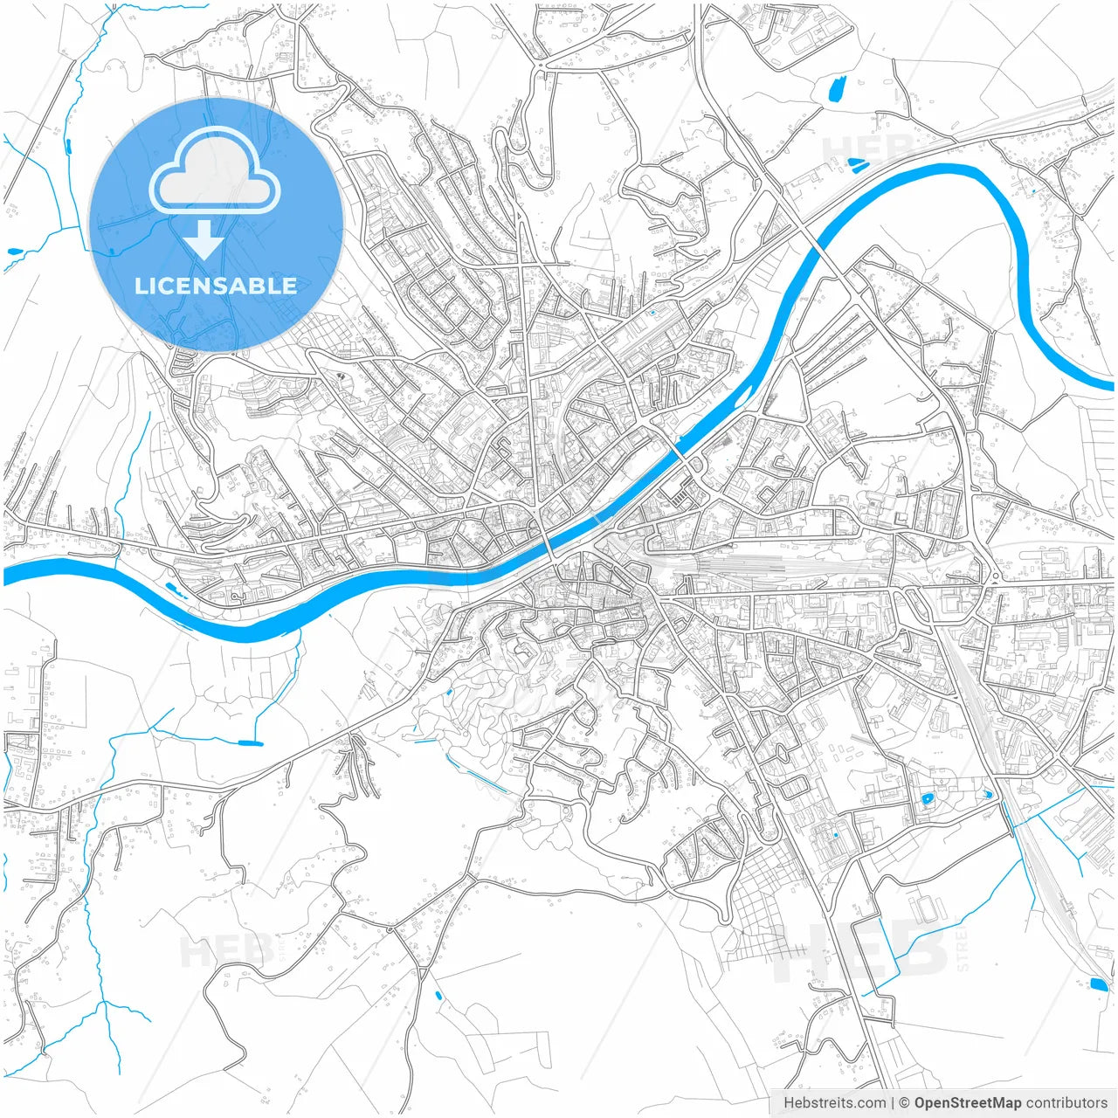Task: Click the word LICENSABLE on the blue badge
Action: tap(216, 286)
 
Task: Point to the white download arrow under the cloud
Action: tap(204, 240)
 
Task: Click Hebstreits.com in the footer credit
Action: tap(834, 1103)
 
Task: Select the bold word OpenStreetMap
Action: tap(968, 1103)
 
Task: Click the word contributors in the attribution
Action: tap(1066, 1103)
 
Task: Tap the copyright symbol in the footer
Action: tap(905, 1103)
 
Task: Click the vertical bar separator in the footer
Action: tap(893, 1103)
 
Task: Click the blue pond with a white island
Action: tap(926, 798)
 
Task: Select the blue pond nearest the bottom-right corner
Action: tap(1098, 984)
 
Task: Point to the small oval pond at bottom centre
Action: tap(438, 995)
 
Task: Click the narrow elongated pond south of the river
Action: tap(251, 742)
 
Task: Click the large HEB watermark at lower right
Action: tap(860, 950)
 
